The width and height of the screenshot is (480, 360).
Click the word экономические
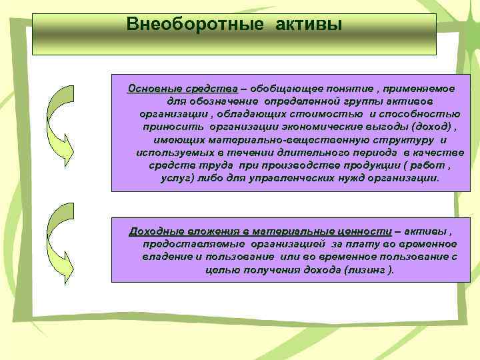pos(317,126)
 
